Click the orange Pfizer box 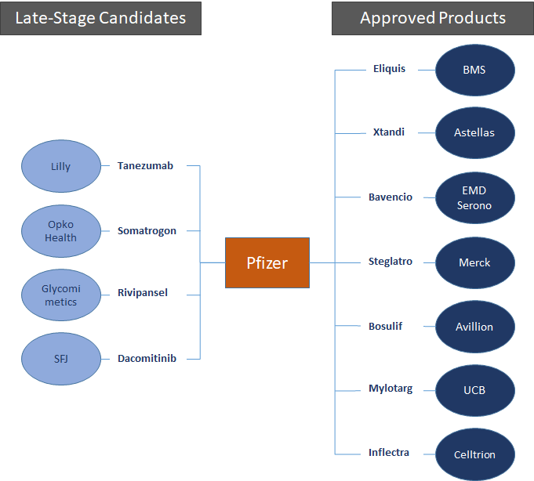click(267, 262)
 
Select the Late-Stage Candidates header click(100, 18)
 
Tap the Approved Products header click(432, 18)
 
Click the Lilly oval click(60, 166)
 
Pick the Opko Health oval click(60, 231)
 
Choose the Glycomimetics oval click(60, 295)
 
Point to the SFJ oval click(60, 360)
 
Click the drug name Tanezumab click(145, 166)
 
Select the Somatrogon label click(147, 230)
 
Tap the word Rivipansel click(143, 293)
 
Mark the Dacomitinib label click(147, 359)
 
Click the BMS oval click(474, 70)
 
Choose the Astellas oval click(474, 133)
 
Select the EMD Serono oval click(474, 198)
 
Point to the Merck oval click(474, 262)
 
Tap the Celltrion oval click(474, 454)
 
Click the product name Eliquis click(390, 69)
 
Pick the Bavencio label click(391, 197)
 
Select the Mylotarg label click(391, 389)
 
